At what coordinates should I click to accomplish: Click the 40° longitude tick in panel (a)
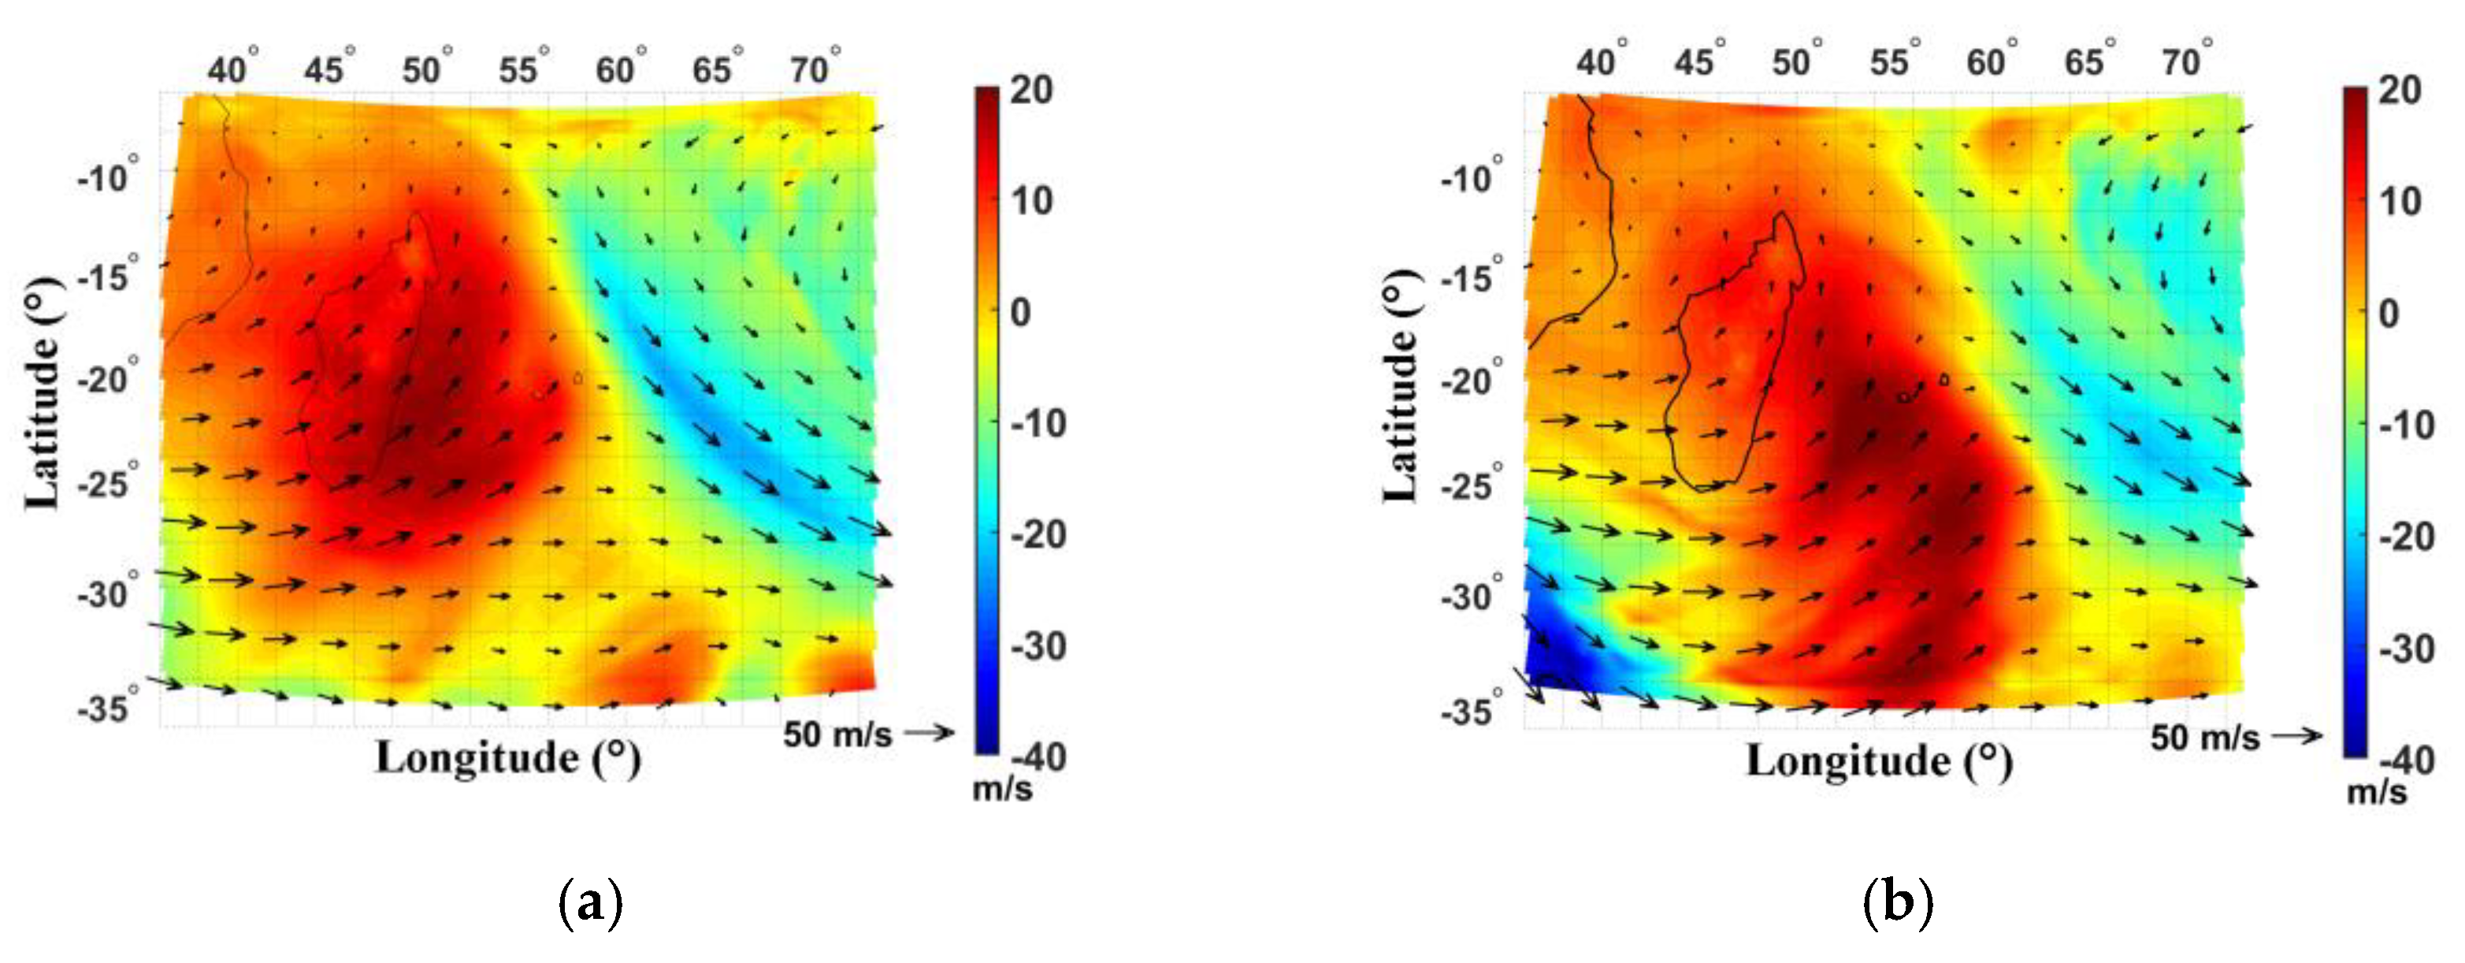(232, 68)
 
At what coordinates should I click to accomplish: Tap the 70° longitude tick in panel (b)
(2187, 61)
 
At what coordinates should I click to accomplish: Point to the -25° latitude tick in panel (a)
(108, 481)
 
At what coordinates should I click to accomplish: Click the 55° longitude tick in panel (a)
(522, 68)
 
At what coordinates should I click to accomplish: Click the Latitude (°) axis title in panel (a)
(43, 392)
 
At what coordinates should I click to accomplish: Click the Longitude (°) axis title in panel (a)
(508, 758)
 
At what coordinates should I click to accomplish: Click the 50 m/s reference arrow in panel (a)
(929, 732)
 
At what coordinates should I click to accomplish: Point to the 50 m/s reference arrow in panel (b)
(2297, 735)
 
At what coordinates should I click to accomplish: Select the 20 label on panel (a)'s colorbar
(1031, 90)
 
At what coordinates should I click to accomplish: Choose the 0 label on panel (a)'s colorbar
(1021, 312)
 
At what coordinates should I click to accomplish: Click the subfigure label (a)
(589, 902)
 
